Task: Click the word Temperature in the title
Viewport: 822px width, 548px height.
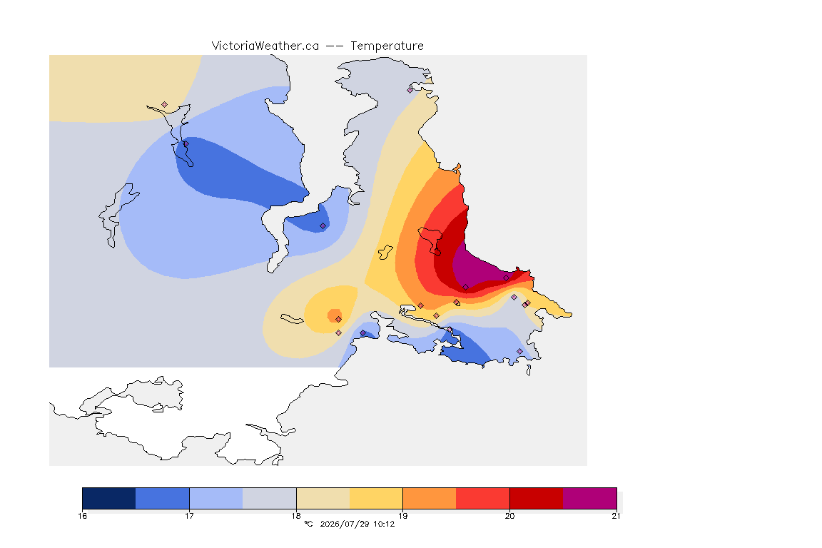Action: [387, 46]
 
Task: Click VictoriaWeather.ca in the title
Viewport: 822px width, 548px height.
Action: [265, 46]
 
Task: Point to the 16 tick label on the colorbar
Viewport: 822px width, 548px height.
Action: [82, 516]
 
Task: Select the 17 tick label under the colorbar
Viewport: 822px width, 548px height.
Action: [189, 516]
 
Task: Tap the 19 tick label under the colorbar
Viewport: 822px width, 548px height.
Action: [402, 516]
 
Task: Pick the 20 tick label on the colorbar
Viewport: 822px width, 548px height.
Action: [509, 516]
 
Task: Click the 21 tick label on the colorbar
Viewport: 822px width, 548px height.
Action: [616, 516]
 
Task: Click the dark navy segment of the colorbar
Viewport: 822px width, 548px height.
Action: [109, 498]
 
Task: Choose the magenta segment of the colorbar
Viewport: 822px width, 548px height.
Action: [590, 498]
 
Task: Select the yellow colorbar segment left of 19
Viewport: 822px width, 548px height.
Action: [376, 498]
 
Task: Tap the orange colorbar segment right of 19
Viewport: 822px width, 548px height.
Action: [430, 498]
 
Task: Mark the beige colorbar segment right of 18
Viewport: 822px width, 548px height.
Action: [323, 498]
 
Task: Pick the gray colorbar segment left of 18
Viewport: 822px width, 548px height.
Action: [270, 498]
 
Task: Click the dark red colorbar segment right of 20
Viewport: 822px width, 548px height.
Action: [537, 498]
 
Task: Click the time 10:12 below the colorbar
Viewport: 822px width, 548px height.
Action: [384, 524]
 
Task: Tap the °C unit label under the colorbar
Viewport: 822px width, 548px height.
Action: [308, 524]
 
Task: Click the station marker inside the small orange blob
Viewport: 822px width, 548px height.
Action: [339, 319]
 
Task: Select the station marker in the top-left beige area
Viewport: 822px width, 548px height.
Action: [165, 104]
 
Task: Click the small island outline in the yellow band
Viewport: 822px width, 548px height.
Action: [386, 253]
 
